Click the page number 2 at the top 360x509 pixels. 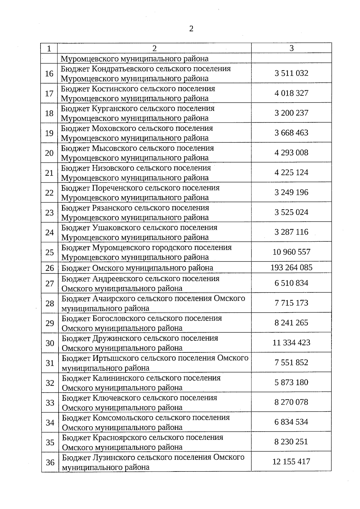(191, 29)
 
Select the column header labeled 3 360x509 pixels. (291, 48)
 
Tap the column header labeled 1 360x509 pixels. (49, 49)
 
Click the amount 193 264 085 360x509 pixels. (291, 267)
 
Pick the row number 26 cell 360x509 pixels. (49, 268)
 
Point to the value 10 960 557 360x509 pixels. (291, 252)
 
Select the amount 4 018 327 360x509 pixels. (291, 93)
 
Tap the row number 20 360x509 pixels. (49, 153)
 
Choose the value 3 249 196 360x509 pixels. (291, 192)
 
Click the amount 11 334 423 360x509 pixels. (291, 343)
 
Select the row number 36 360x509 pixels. (50, 462)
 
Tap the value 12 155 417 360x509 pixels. (291, 462)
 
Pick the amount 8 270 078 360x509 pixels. (291, 402)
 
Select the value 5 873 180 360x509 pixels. (291, 382)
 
